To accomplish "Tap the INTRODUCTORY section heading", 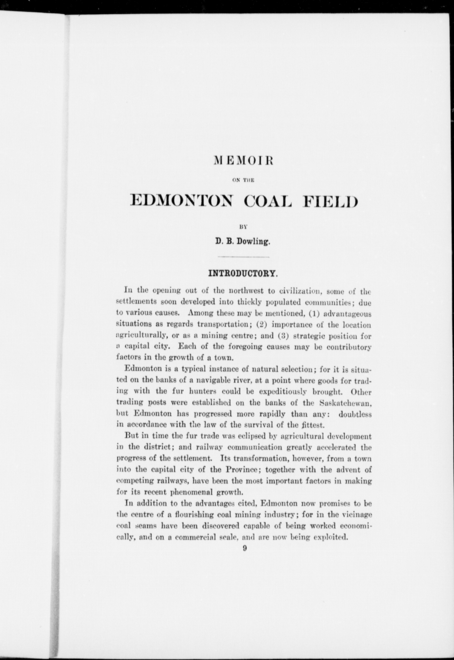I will pos(243,274).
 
